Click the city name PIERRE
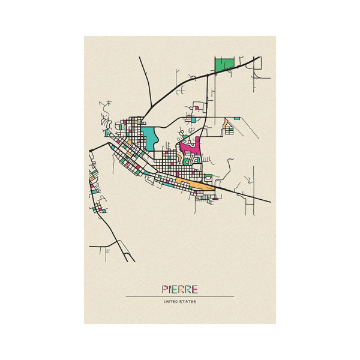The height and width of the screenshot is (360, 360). tap(180, 289)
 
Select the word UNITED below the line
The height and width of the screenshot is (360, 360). tap(170, 302)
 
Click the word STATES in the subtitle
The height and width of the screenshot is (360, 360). tap(188, 302)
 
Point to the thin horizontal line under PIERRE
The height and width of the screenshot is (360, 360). tap(180, 296)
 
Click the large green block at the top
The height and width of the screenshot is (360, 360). tap(224, 65)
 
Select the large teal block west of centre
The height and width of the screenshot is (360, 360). tap(149, 137)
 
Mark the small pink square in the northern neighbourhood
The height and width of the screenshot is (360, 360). tap(196, 109)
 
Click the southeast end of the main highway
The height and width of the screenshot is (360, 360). tap(269, 202)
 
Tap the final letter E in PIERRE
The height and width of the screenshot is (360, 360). tap(196, 289)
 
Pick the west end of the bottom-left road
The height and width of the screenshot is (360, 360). tap(90, 246)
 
